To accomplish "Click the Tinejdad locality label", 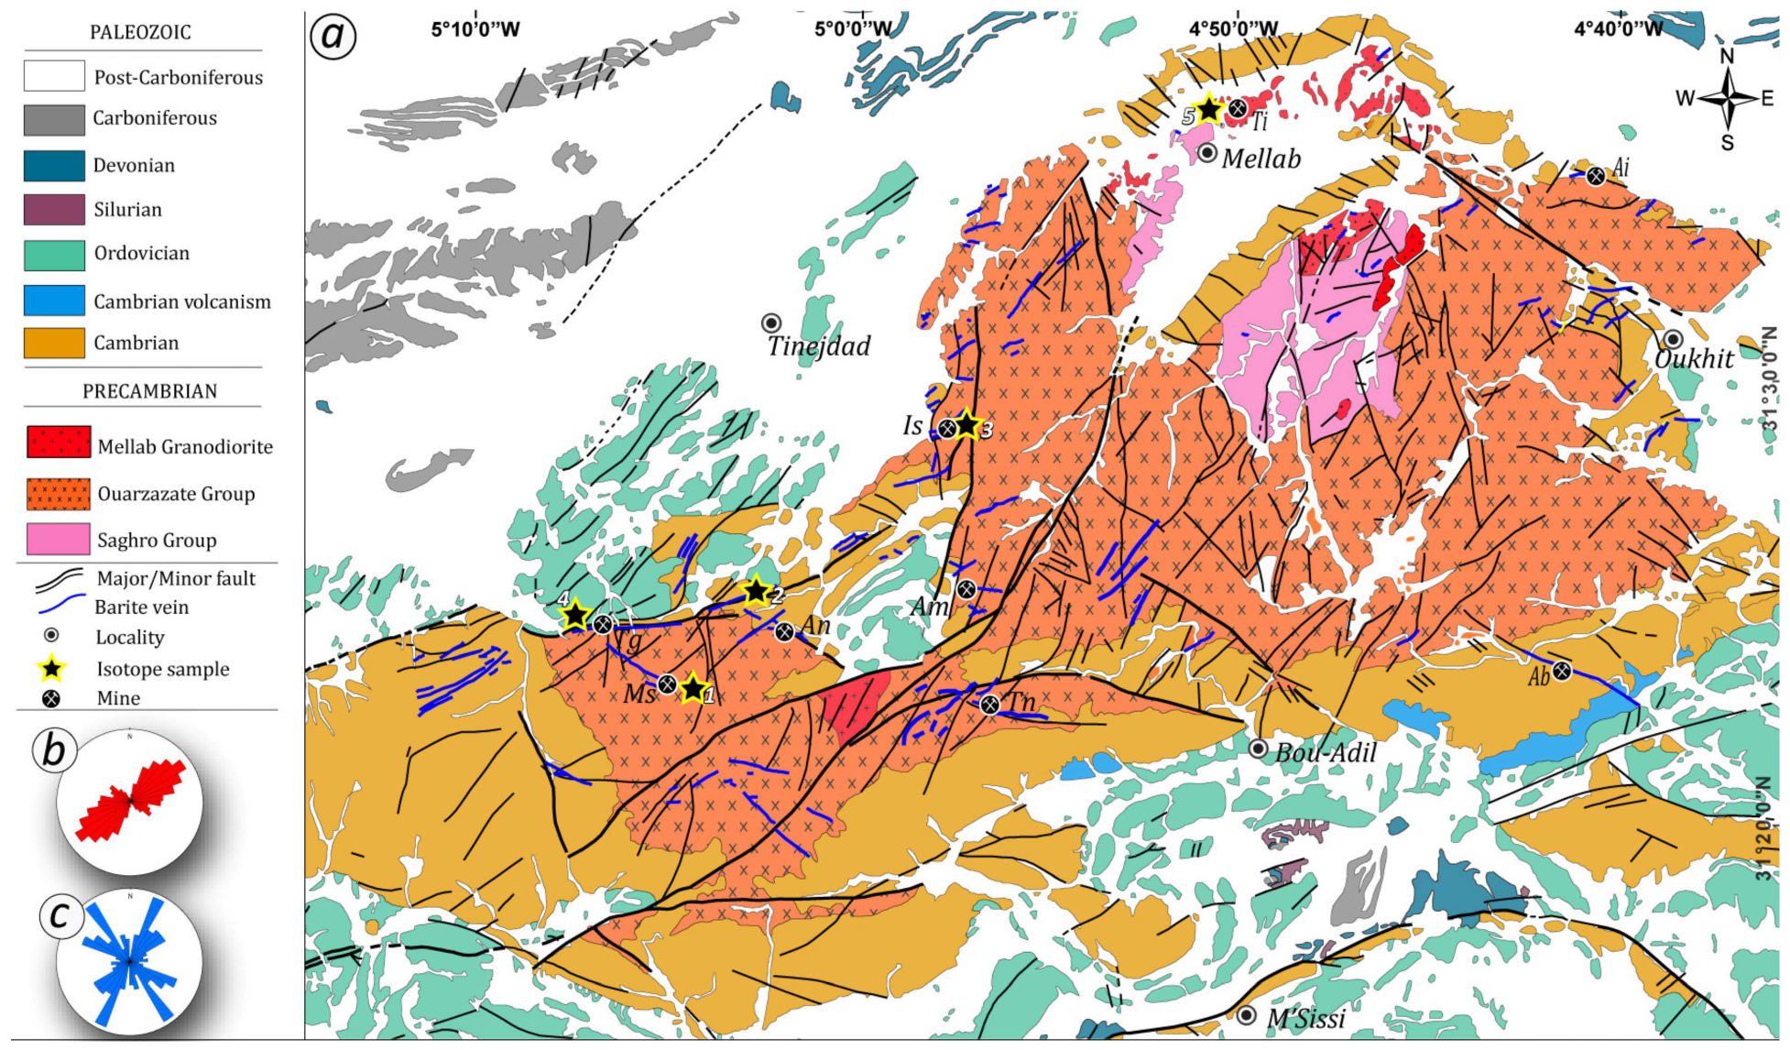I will [818, 346].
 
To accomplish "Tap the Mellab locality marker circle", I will [1207, 153].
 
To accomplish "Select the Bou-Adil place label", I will [1326, 753].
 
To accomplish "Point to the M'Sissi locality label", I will [1305, 1018].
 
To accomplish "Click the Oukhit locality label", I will [1694, 359].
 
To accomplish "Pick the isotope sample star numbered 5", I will [1209, 110].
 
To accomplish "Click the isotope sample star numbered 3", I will [967, 425].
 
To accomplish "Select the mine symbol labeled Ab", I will [1562, 672].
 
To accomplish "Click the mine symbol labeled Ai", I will [1596, 176].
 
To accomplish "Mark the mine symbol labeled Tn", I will [989, 705].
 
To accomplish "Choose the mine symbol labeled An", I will [784, 631].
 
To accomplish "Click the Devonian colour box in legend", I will [54, 166].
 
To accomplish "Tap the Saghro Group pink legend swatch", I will [59, 540].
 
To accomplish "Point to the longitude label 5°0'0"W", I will [853, 29].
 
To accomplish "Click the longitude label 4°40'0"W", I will [1617, 29].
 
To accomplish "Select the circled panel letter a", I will [333, 37].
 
